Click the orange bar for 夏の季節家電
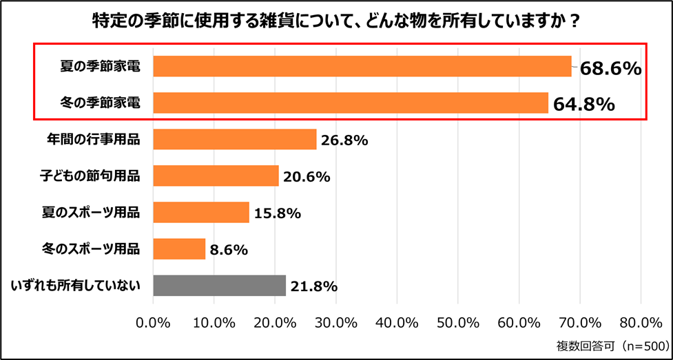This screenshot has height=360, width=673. point(362,66)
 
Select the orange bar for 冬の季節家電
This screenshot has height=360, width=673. point(350,103)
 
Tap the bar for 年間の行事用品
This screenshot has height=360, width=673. point(234,140)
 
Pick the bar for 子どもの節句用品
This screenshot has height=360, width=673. point(216,176)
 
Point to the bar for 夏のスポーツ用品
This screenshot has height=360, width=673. point(200,212)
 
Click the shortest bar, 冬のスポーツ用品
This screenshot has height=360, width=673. point(179,248)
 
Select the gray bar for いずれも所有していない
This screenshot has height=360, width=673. point(219,285)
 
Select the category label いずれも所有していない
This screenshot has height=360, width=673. point(76,285)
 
